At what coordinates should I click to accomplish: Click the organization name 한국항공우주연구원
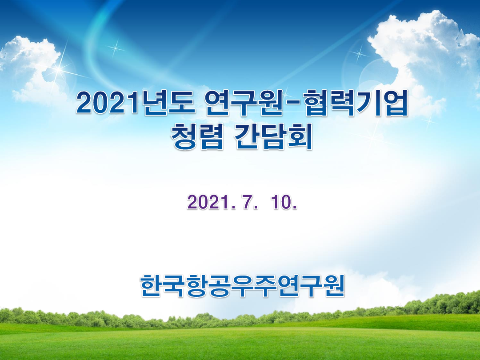(x=242, y=285)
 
